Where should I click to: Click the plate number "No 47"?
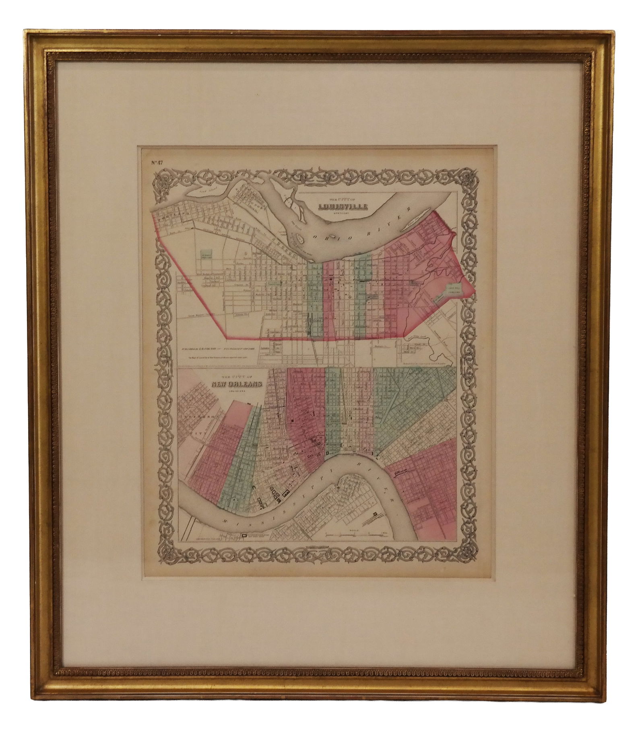153,163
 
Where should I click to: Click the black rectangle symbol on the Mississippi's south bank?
244,536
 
